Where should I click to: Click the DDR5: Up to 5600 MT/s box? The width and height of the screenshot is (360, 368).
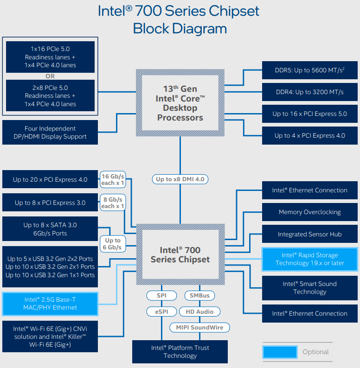(309, 70)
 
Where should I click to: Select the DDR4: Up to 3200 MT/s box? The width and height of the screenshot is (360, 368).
(309, 92)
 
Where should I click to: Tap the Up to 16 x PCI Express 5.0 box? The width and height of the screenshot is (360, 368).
(309, 114)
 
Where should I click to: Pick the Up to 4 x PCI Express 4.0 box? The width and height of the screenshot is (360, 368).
(309, 135)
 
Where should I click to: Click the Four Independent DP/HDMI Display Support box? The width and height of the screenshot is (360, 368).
(50, 132)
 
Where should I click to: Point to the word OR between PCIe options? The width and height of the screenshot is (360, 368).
(50, 76)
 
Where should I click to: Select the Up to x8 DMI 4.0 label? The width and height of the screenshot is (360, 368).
(180, 179)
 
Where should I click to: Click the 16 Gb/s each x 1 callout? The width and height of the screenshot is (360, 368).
(113, 179)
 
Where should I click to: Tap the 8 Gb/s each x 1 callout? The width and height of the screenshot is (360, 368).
(113, 203)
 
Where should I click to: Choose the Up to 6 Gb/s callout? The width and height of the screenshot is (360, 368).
(113, 244)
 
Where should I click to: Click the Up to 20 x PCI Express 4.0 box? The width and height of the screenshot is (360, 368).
(50, 179)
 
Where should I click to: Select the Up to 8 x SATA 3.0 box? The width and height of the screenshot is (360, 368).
(50, 229)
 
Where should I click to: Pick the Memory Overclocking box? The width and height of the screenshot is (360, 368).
(309, 212)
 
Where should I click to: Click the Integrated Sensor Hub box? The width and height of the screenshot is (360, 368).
(309, 234)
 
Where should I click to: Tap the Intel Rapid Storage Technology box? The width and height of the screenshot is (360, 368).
(309, 259)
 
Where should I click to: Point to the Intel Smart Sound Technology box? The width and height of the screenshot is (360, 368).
(309, 288)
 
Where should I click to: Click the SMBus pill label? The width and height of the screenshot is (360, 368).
(199, 295)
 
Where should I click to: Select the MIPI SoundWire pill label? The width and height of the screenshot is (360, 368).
(199, 327)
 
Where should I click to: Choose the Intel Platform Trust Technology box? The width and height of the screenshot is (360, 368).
(180, 352)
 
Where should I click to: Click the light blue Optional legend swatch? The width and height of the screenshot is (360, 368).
(280, 352)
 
